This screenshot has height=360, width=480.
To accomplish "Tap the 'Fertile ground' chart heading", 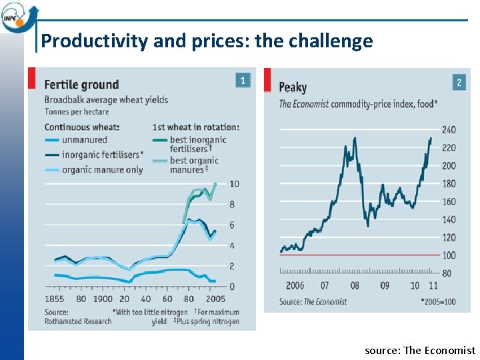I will [81, 85].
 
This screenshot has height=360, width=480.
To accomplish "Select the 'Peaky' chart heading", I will [293, 87].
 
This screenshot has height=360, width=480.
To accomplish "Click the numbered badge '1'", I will [243, 81].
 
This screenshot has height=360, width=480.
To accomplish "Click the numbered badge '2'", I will [459, 83].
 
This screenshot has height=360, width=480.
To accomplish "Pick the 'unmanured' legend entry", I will [84, 139].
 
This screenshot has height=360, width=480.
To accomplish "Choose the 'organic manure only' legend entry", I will [102, 169].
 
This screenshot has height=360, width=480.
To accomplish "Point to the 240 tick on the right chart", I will [449, 130].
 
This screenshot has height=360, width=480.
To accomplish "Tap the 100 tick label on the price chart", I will [449, 255].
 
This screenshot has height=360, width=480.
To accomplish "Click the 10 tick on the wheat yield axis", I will [234, 183].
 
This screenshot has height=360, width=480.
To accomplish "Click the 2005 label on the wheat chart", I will [215, 299].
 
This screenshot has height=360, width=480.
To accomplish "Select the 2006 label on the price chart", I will [294, 285].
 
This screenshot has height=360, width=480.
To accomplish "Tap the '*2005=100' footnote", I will [438, 301].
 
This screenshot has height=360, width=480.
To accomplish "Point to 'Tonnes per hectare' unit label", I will [77, 111].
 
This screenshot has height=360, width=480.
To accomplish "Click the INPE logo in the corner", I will [18, 15].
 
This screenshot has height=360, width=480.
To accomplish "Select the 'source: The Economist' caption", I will [420, 350].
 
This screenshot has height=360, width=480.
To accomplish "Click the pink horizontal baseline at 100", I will [360, 255].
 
